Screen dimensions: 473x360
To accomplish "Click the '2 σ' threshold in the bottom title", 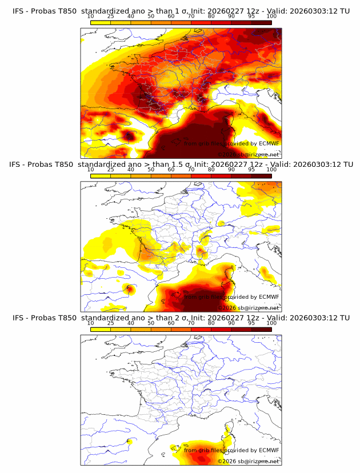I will (184, 318).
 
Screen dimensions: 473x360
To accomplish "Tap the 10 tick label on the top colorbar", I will (90, 16).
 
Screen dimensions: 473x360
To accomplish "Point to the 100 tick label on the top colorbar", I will (271, 16).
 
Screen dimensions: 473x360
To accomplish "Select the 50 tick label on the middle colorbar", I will (151, 170).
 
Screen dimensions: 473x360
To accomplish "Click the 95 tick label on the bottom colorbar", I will (251, 323).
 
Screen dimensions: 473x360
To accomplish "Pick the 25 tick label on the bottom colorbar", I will (110, 323).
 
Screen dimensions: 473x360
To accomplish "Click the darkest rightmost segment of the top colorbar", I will (261, 22).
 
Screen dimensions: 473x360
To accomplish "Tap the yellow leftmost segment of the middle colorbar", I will (100, 175).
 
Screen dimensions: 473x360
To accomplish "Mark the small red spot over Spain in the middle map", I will (130, 288).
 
